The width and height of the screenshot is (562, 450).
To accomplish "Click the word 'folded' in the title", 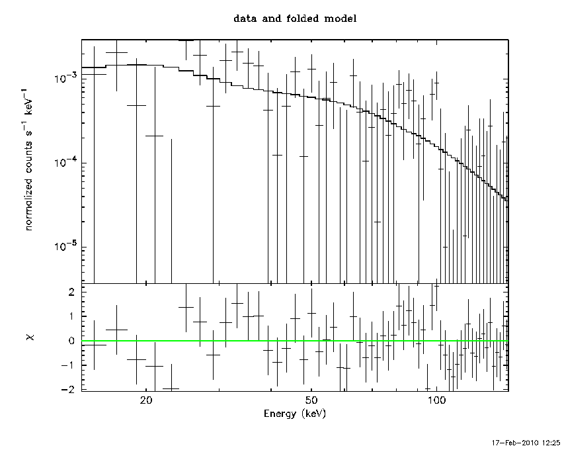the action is coord(303,19).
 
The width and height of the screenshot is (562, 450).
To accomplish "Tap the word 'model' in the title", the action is coord(341,19).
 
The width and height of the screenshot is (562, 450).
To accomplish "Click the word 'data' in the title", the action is coord(245,19).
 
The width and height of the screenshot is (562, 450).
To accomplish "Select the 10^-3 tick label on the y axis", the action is coord(65,77).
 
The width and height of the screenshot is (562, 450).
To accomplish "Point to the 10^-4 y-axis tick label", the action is coord(65,161).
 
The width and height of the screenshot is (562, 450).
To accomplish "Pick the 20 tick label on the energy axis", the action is coord(146,400).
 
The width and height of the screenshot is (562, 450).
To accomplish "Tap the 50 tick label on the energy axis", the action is coord(311,400).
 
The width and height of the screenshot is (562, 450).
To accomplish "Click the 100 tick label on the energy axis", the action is coord(436,400).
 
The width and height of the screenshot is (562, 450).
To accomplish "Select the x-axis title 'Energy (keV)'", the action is coord(295,414).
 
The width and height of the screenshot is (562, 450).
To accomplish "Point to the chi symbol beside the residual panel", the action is coord(30,337).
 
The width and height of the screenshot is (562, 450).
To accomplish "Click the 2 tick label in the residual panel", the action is coord(71,292).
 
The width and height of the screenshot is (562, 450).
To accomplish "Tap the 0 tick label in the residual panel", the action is coord(71,341).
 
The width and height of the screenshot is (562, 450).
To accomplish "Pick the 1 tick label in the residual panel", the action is coord(71,316).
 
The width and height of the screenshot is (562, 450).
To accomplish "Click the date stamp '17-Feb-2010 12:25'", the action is coord(526,443).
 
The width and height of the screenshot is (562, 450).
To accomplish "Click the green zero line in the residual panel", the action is coord(295,341).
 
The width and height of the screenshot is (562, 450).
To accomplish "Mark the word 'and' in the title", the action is coord(272,19).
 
